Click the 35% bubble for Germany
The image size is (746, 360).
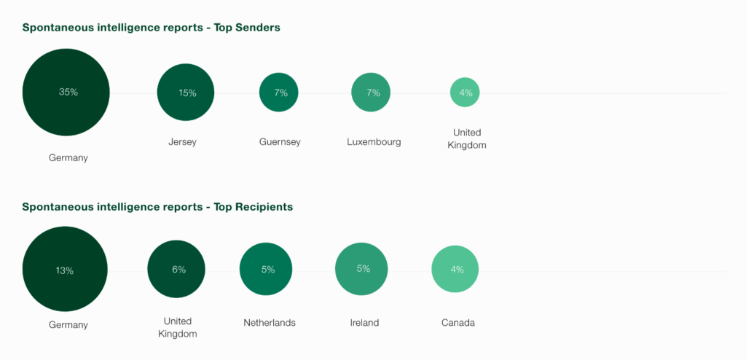tap(66, 93)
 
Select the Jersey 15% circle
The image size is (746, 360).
tap(186, 93)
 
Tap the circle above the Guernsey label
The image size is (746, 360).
tap(278, 93)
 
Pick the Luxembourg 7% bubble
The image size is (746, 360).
tap(372, 93)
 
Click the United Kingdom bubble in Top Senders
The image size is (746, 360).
tap(465, 93)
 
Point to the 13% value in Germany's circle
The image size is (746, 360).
tap(64, 270)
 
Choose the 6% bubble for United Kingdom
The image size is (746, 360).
tap(177, 269)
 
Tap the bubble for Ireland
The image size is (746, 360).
tap(362, 269)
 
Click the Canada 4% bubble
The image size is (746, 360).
tap(455, 269)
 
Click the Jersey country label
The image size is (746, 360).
tap(183, 142)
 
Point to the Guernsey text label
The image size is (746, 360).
tap(280, 142)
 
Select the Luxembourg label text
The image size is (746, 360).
tap(374, 142)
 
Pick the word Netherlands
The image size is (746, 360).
tap(270, 323)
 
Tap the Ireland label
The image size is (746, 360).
tap(364, 323)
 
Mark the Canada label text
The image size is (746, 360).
tap(458, 323)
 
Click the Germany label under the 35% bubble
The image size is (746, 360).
tap(68, 157)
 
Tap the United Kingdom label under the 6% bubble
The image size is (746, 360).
tap(177, 327)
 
